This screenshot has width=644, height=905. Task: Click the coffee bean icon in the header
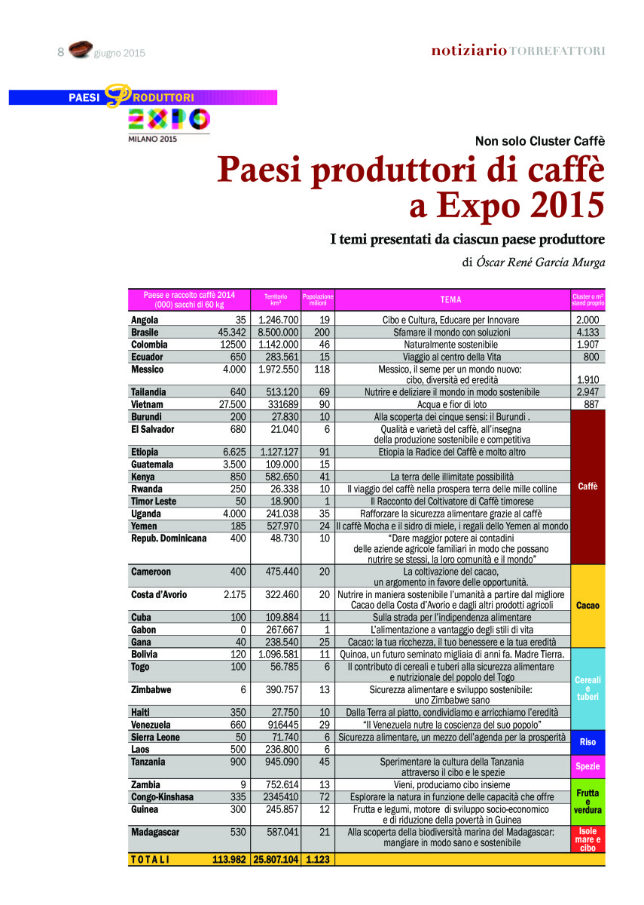point(80,51)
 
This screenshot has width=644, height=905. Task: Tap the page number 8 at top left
point(61,52)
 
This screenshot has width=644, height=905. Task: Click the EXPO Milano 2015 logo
point(168,122)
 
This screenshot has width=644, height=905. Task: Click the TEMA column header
point(451,299)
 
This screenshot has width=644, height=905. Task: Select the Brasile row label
point(145,332)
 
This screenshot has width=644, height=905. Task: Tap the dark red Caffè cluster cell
point(588,486)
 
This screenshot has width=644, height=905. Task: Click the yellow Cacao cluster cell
point(588,606)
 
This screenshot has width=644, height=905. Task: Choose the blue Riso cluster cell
point(588,742)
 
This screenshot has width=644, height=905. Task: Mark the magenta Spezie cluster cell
point(588,766)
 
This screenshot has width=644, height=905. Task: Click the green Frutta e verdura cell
point(588,802)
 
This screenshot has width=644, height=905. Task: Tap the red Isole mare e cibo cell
point(588,839)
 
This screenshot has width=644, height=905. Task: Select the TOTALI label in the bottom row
point(151,859)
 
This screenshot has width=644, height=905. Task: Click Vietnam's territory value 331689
point(279,404)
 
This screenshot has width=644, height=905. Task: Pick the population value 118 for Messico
point(322,370)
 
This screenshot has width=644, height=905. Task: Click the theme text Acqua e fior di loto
point(451,404)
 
